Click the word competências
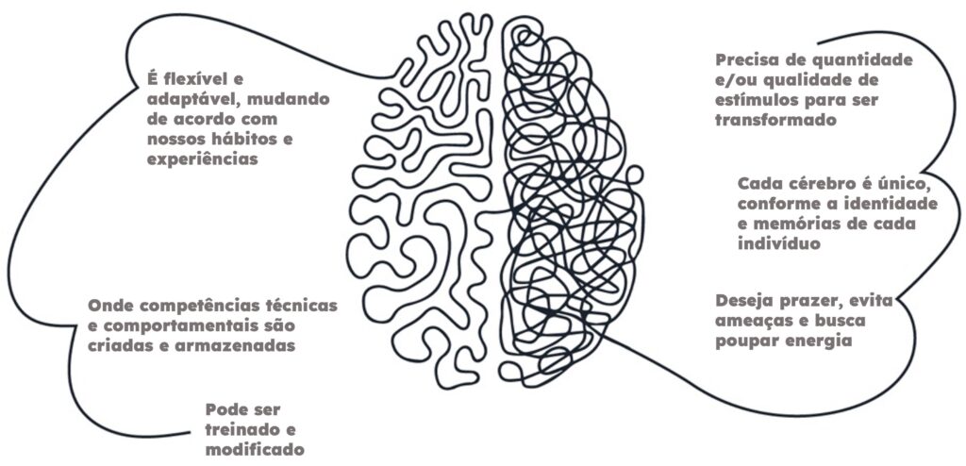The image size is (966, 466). pos(197,306)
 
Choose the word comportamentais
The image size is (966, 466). pos(172,325)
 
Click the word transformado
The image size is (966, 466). pos(776,121)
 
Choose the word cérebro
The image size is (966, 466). pos(822,182)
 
